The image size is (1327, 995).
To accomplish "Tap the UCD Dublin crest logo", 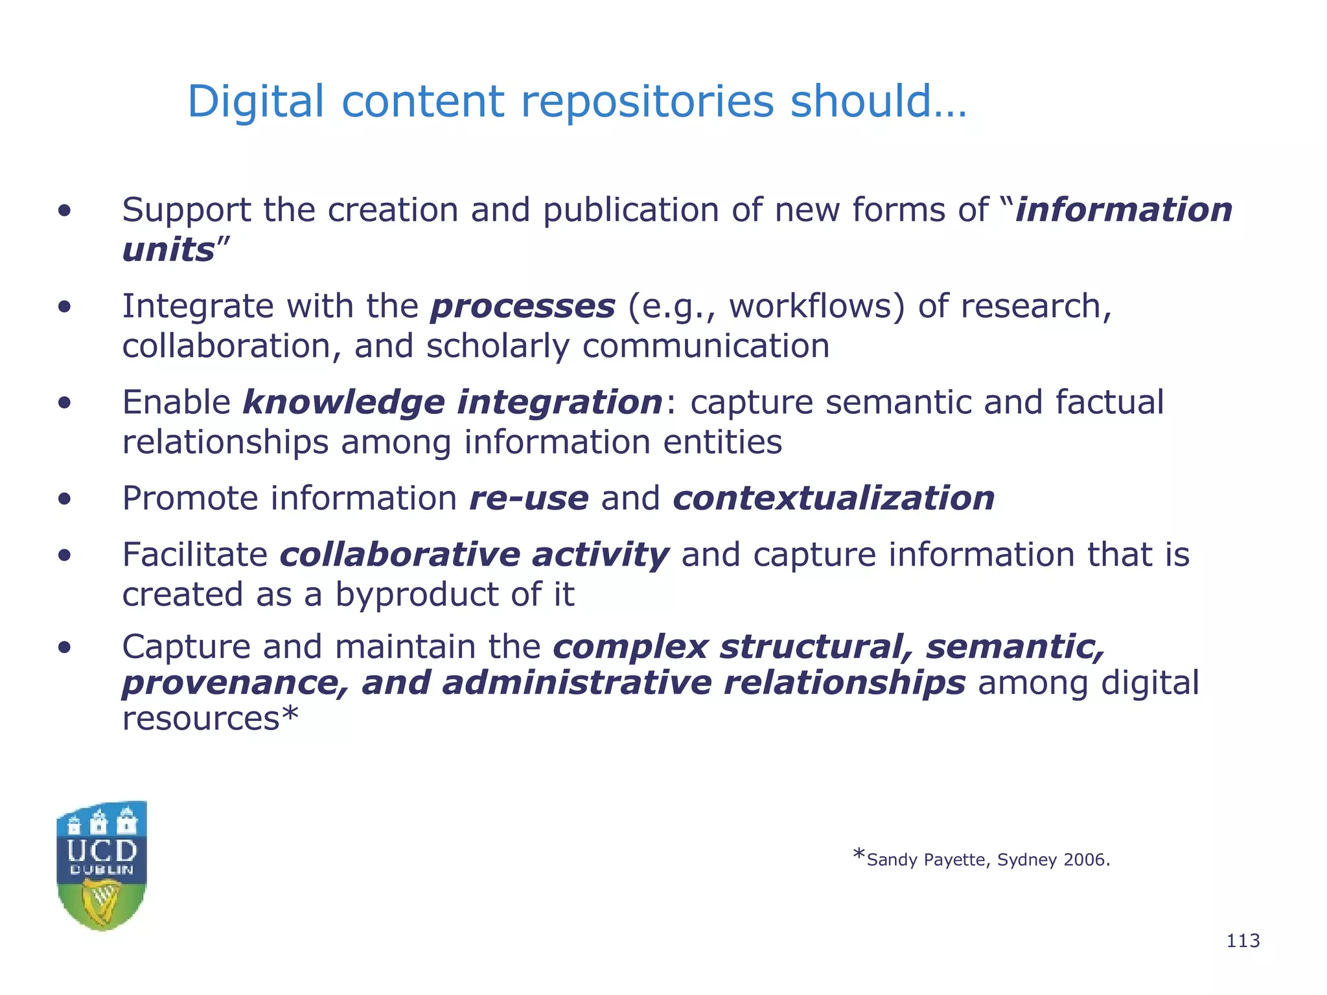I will (102, 865).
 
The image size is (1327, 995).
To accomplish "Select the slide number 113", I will (1243, 941).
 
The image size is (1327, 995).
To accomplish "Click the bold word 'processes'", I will (523, 307).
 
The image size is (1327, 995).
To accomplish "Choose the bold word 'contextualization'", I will (833, 499).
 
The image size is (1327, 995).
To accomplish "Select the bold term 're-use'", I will (529, 499).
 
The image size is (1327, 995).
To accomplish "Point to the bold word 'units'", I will (168, 250).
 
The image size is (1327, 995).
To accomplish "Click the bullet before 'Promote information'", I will (64, 499).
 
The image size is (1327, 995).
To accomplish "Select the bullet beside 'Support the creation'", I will (64, 211).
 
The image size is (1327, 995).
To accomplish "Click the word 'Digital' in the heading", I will (255, 102).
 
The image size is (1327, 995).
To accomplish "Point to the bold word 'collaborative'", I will (400, 555).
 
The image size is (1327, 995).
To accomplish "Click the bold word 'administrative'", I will (576, 683).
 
